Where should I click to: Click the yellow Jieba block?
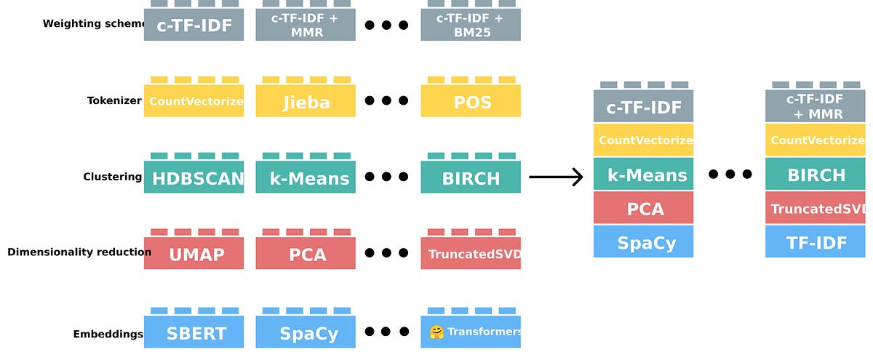(x=306, y=101)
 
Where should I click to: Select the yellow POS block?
(x=471, y=101)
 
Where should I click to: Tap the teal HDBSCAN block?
(x=194, y=177)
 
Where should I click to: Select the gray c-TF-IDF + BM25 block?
(x=471, y=24)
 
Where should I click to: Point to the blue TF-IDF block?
(x=816, y=241)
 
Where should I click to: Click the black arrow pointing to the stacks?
(x=557, y=177)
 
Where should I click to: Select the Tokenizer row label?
(x=113, y=101)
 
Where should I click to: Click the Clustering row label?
(x=112, y=177)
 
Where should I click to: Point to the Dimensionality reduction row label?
(x=79, y=252)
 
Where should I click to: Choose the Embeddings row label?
(x=108, y=335)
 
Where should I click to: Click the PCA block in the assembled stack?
(x=643, y=209)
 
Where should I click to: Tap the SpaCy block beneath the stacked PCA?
(x=643, y=242)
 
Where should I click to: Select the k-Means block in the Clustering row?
(x=306, y=177)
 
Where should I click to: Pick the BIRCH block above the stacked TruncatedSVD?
(x=816, y=175)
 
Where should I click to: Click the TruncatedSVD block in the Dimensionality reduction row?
(x=471, y=254)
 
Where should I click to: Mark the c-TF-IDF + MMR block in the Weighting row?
(x=306, y=24)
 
